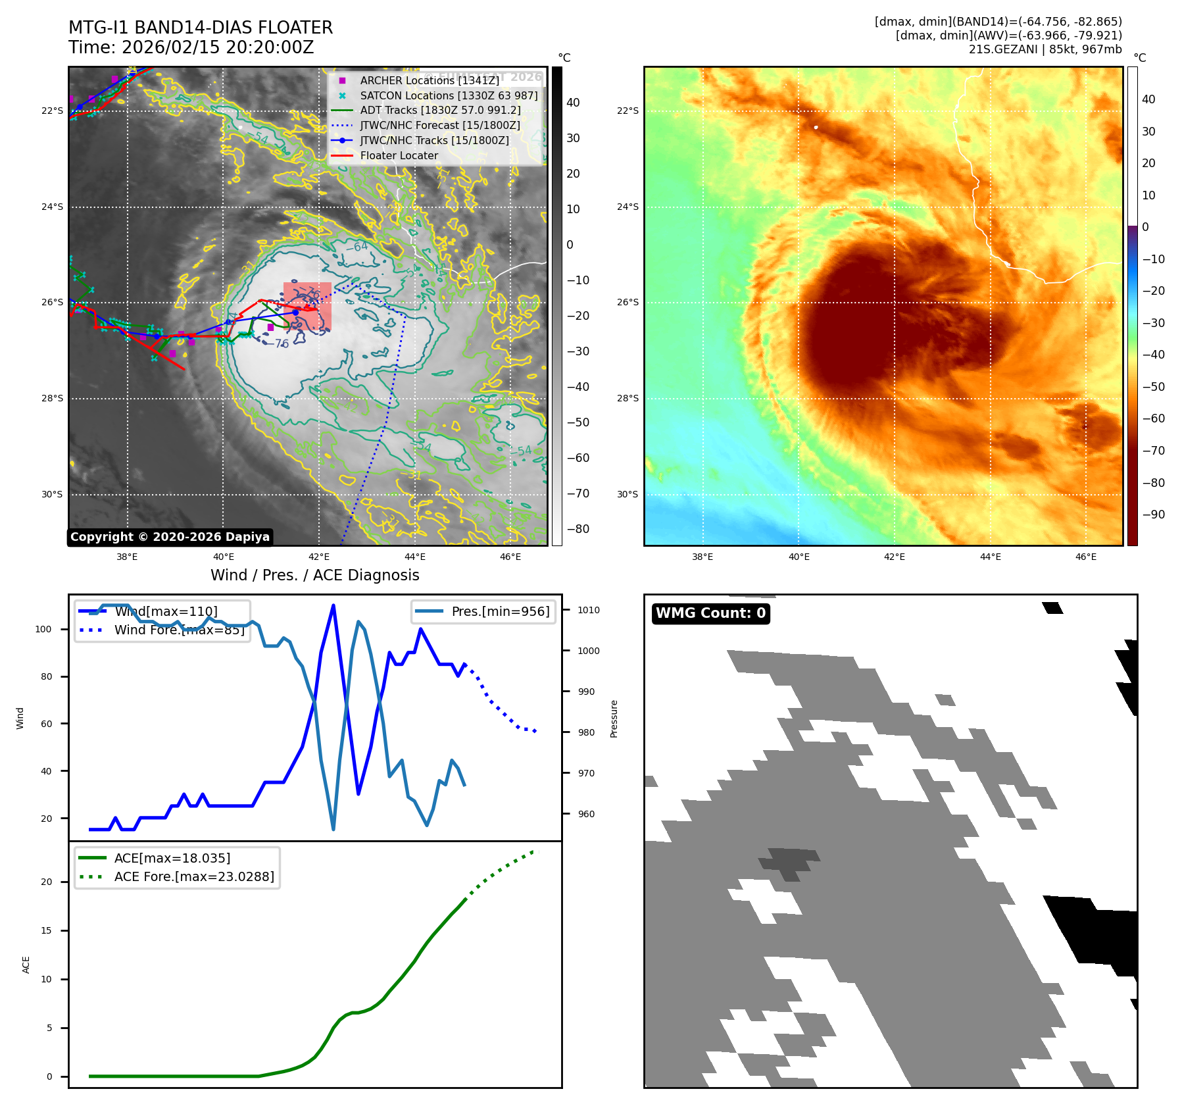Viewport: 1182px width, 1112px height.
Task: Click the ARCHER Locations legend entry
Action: tap(429, 80)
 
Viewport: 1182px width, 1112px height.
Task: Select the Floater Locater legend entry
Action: tap(399, 156)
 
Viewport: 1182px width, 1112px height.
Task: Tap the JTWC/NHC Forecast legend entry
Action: tap(439, 126)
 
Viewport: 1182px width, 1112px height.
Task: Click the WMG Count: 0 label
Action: tap(710, 613)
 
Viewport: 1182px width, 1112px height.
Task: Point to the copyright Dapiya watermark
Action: tap(170, 537)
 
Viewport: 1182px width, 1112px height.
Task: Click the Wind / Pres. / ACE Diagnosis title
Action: tap(314, 575)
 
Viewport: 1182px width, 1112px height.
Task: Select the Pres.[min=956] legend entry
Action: tap(500, 611)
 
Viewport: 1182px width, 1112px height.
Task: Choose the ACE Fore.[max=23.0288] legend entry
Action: tap(193, 876)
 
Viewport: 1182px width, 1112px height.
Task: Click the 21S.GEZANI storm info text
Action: tap(1045, 49)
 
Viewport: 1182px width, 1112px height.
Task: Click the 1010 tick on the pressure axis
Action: tap(588, 610)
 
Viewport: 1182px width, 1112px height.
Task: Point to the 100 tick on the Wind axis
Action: tap(43, 629)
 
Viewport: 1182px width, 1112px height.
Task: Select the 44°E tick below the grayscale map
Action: tap(415, 557)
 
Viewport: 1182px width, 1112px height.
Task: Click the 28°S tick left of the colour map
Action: tap(628, 398)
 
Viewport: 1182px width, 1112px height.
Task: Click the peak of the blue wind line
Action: tap(333, 605)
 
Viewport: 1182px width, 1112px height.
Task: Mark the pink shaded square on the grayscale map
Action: tap(307, 306)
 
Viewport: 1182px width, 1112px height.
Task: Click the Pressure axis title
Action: tap(614, 719)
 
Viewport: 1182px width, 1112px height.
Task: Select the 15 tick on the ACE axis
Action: tap(46, 930)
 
